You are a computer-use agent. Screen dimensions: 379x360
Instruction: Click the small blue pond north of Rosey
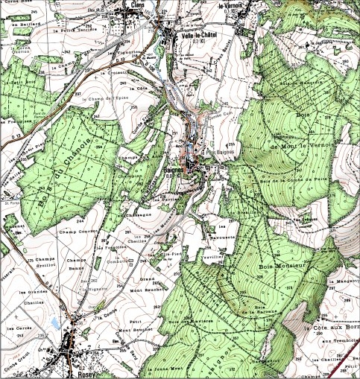point(56,322)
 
